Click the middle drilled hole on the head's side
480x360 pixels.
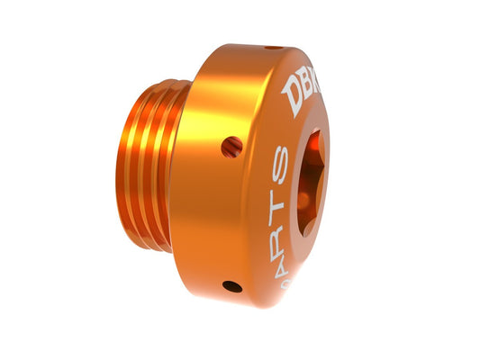pos(231,145)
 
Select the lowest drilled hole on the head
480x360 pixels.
pos(232,286)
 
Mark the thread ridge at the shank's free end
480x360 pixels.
pos(124,166)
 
